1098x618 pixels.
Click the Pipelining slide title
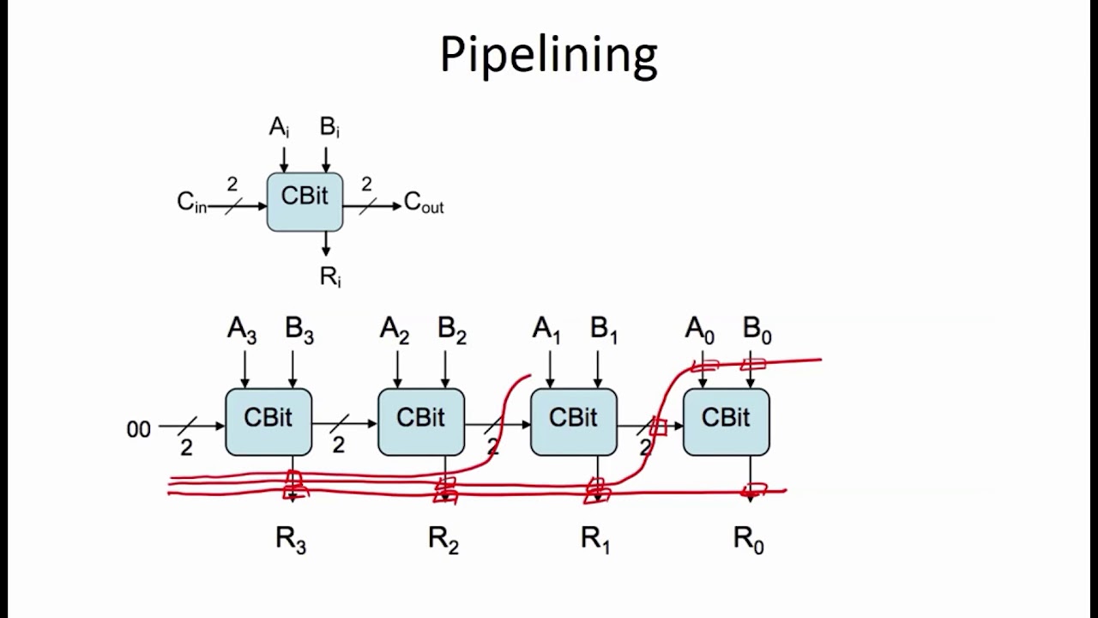click(548, 55)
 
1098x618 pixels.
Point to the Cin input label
click(191, 203)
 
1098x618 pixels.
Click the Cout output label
click(423, 203)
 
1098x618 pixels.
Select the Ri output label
click(330, 276)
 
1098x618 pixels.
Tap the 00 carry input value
click(138, 429)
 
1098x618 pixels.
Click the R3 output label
click(291, 540)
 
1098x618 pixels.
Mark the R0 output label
click(748, 540)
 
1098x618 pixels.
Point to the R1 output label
click(595, 540)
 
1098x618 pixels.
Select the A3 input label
click(242, 330)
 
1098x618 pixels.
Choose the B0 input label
click(757, 330)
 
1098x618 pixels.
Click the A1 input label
click(546, 330)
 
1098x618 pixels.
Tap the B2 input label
click(451, 330)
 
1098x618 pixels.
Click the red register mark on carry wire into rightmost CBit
click(658, 427)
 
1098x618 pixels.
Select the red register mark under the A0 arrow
click(704, 367)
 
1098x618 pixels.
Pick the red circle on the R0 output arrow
click(753, 491)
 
